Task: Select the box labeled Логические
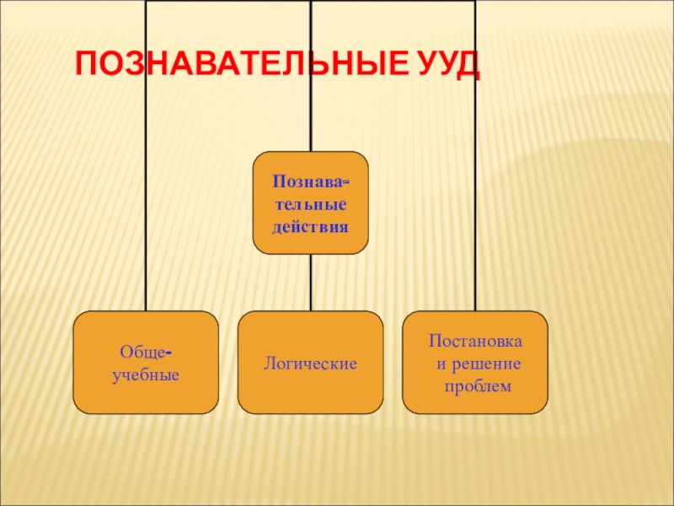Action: click(310, 363)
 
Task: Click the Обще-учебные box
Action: click(146, 363)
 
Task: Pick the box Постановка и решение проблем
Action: click(475, 363)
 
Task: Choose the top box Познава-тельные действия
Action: click(310, 203)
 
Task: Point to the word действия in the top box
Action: click(310, 227)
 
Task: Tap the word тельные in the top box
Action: click(310, 205)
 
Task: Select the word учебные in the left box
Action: click(146, 374)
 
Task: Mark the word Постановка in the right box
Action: click(475, 342)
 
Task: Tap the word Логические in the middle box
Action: click(310, 363)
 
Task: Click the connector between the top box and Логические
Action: click(310, 283)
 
